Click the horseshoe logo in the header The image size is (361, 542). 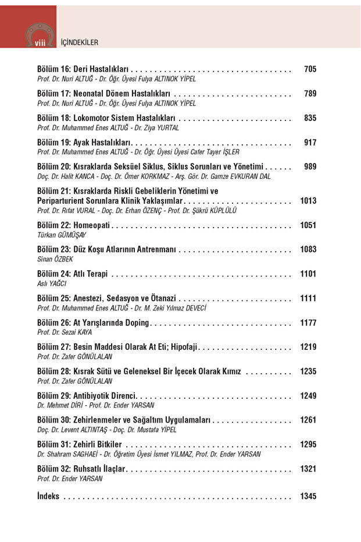[40, 31]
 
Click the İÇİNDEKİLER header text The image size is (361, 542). [79, 42]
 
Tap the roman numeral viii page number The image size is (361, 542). [40, 43]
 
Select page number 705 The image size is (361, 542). [310, 69]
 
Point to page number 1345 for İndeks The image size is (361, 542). [308, 497]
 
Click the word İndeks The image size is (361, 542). [48, 497]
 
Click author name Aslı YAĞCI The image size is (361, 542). [52, 284]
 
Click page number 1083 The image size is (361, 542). [308, 250]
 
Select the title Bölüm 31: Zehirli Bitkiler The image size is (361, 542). [79, 445]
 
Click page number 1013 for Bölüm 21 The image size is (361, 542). [308, 201]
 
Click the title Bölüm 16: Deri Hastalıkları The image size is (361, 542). [83, 69]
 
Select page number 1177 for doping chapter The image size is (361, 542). [308, 323]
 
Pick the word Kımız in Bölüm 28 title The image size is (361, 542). [228, 371]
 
